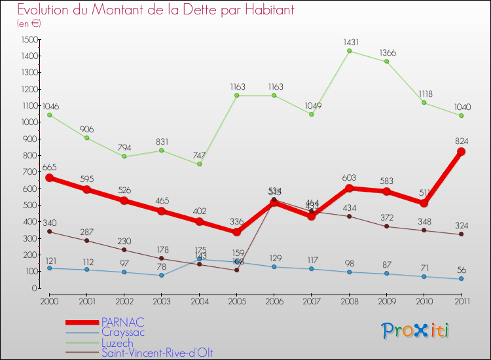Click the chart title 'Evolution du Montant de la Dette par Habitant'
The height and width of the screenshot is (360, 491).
(x=156, y=10)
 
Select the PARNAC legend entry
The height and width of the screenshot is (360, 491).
(x=123, y=323)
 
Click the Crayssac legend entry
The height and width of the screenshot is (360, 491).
(x=123, y=333)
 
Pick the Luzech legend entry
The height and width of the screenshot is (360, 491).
(x=117, y=343)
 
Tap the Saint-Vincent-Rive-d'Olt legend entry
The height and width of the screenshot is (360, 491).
(x=157, y=353)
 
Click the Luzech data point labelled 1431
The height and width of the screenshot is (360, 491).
(x=349, y=51)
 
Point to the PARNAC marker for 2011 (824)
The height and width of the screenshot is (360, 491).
(x=462, y=152)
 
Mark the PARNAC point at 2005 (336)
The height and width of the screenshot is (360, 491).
(x=236, y=232)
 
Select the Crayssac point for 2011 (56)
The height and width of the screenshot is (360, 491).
(x=462, y=279)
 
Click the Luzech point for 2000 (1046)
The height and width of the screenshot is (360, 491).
(x=49, y=115)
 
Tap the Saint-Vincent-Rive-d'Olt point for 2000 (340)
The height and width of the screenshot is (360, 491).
(x=49, y=232)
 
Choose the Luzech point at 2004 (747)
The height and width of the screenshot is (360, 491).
(x=199, y=164)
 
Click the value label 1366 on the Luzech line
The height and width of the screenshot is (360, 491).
(x=386, y=52)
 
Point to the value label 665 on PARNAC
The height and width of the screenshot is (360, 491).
(x=50, y=168)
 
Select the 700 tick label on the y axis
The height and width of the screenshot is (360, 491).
(x=29, y=172)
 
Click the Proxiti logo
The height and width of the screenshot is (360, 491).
(x=416, y=331)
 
